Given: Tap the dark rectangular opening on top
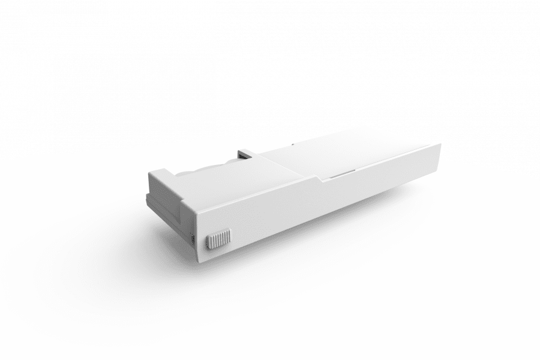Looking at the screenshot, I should click(244, 155).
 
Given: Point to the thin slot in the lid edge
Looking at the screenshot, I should click(342, 173).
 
